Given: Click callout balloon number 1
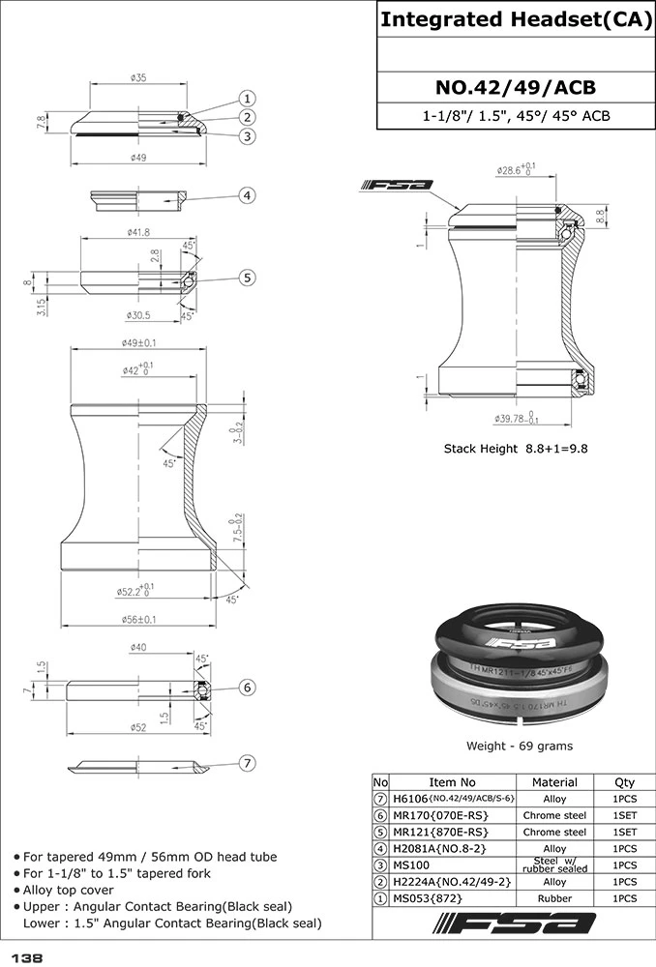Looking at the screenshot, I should pyautogui.click(x=248, y=99).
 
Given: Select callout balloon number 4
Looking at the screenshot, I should pyautogui.click(x=248, y=195).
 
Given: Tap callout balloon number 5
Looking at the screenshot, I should pyautogui.click(x=248, y=278).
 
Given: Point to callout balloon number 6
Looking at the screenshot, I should pyautogui.click(x=248, y=687).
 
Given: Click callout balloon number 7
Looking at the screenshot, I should pyautogui.click(x=248, y=763).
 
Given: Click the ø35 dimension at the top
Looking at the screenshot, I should pyautogui.click(x=137, y=78).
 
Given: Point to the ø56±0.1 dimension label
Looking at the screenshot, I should pyautogui.click(x=138, y=620).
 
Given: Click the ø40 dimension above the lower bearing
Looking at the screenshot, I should pyautogui.click(x=137, y=648).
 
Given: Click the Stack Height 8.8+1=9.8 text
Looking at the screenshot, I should pyautogui.click(x=516, y=448).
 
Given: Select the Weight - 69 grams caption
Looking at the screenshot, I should pyautogui.click(x=521, y=746).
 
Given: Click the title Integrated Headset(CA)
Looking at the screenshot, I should pyautogui.click(x=515, y=19).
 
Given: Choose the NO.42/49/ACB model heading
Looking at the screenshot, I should pyautogui.click(x=515, y=88).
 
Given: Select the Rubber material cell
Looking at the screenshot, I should pyautogui.click(x=554, y=898).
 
